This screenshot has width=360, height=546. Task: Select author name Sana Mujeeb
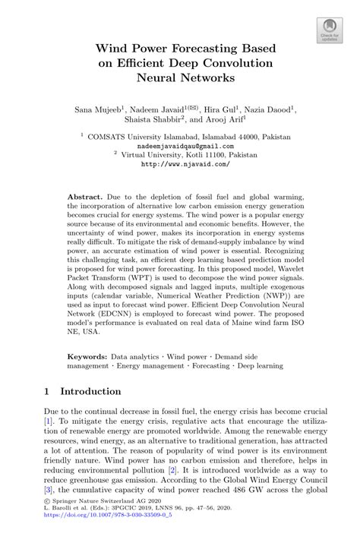(99, 109)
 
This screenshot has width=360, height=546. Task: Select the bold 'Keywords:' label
(89, 355)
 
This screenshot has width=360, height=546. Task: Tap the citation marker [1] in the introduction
(47, 420)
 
